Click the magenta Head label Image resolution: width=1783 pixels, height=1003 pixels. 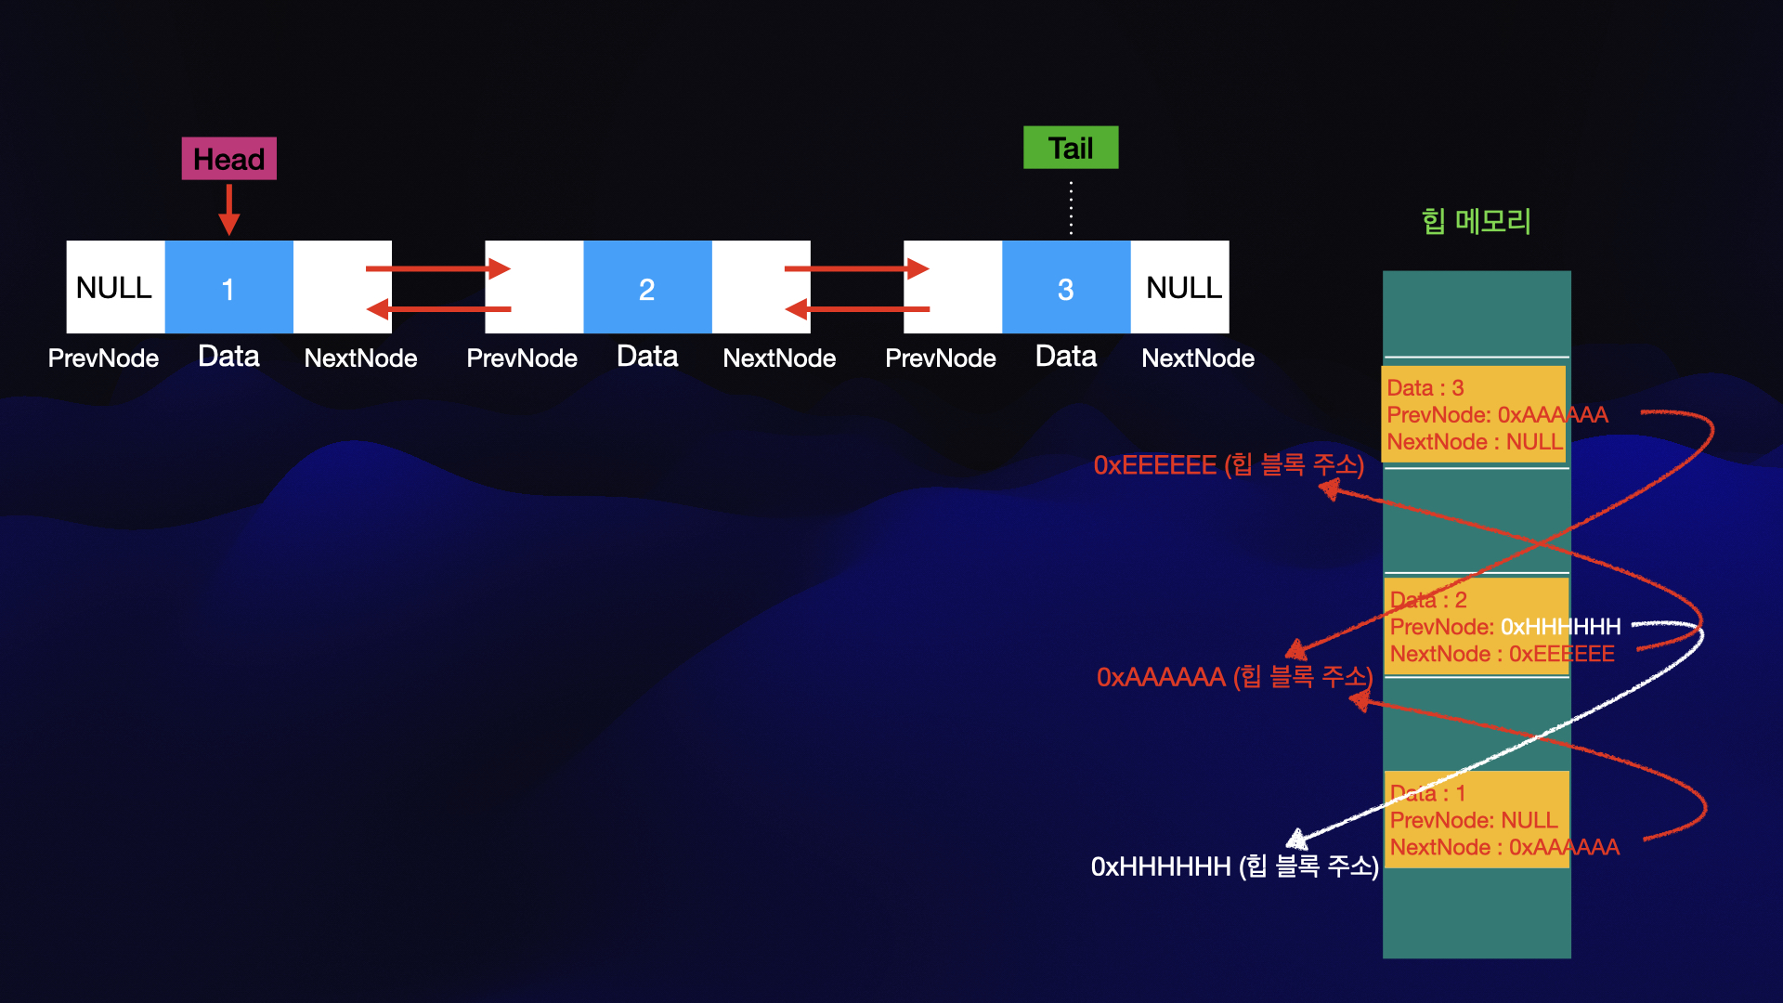point(228,159)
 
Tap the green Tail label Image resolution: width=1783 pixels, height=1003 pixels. point(1071,148)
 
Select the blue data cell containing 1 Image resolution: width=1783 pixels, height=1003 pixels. point(228,287)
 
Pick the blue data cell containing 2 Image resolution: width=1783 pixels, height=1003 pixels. point(647,287)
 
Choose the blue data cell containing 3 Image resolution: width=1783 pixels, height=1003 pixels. point(1066,287)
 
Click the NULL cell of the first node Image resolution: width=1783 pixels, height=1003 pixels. point(115,287)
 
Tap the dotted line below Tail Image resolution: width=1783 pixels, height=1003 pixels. point(1071,207)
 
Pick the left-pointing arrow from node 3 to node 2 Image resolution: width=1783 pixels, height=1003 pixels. point(857,308)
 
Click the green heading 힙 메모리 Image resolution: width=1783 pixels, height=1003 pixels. point(1476,221)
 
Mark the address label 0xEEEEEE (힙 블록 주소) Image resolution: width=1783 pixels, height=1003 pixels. point(1228,464)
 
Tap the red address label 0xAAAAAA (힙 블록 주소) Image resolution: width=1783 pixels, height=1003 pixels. point(1234,677)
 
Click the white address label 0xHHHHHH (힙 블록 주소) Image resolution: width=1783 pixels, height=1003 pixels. point(1234,866)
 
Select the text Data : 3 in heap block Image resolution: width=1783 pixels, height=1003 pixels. point(1425,388)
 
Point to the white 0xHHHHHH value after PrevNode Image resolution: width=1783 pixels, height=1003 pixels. point(1561,627)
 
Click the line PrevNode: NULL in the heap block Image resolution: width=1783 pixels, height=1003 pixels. point(1474,820)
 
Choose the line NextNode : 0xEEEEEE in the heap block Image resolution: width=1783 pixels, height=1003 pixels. point(1502,654)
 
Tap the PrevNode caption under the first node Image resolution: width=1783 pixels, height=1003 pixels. point(103,358)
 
